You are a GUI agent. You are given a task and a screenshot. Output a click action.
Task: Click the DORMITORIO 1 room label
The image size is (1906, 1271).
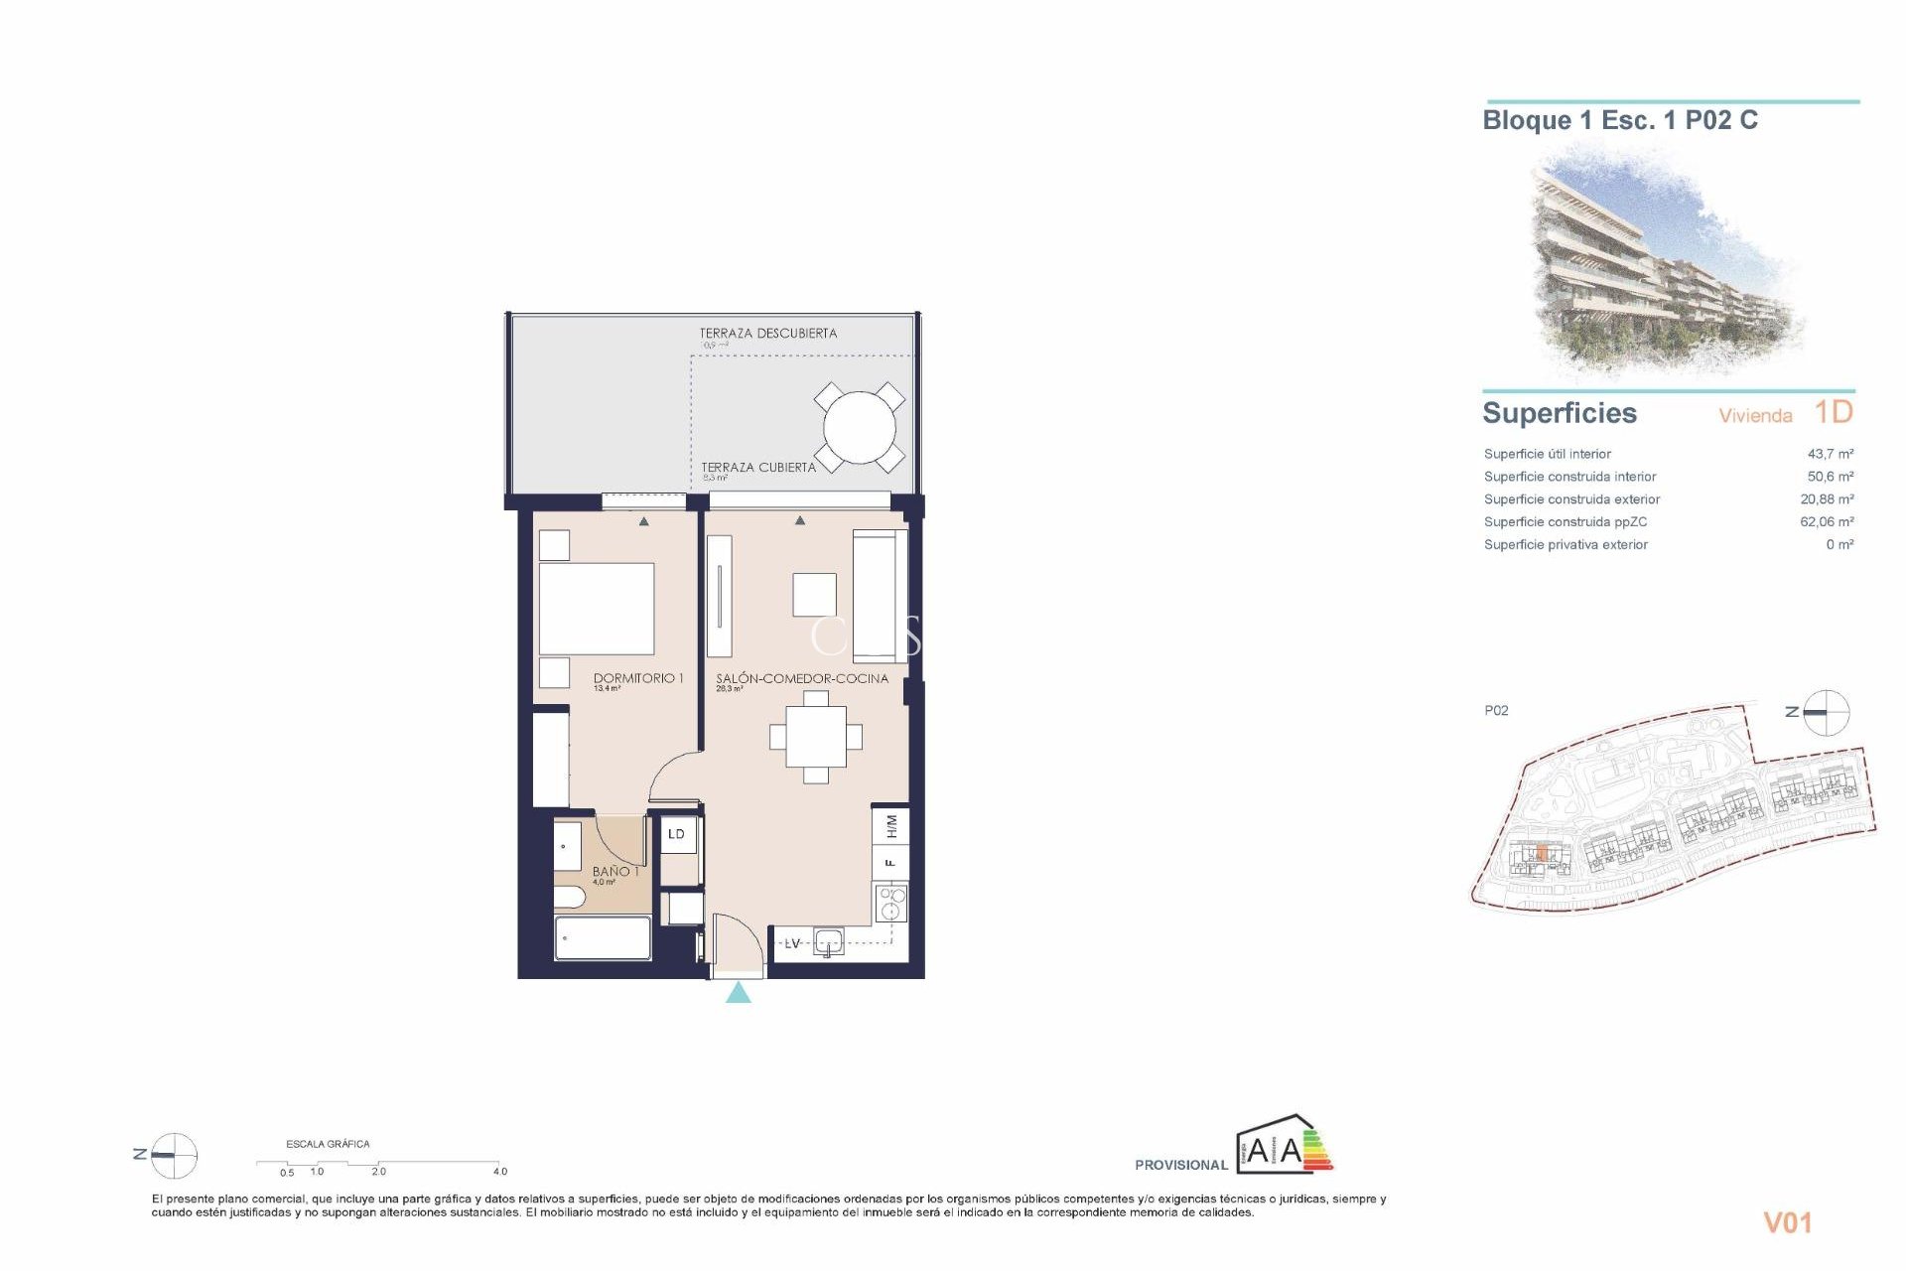(637, 678)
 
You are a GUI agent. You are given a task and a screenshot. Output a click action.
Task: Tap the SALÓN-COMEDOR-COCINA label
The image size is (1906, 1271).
(801, 678)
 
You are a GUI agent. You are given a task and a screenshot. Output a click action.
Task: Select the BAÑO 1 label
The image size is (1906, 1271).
(614, 871)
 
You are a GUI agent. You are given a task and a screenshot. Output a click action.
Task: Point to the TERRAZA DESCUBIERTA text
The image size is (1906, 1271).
(767, 334)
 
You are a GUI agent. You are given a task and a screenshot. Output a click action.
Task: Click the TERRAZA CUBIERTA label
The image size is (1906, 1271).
(757, 467)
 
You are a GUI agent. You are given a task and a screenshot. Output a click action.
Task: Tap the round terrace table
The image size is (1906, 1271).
(859, 429)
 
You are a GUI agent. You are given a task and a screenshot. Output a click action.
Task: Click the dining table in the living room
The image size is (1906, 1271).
(816, 737)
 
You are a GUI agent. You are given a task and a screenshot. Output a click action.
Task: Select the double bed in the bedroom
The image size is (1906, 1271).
(596, 608)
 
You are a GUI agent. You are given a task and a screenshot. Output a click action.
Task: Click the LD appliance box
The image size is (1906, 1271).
(676, 834)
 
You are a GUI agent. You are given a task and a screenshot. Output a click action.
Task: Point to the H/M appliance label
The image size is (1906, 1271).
(890, 825)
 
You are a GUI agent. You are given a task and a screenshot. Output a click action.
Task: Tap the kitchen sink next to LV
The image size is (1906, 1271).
(827, 940)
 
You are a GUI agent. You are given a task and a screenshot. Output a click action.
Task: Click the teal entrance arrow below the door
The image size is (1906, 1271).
(738, 993)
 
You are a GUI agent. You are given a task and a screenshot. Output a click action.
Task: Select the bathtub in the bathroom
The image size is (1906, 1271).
(603, 938)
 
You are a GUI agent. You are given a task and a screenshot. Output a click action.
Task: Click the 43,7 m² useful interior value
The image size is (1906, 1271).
(1830, 454)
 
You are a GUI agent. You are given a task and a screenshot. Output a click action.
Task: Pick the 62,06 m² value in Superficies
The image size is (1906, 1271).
(1826, 521)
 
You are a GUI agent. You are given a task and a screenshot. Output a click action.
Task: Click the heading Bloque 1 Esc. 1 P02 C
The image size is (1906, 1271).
(1619, 121)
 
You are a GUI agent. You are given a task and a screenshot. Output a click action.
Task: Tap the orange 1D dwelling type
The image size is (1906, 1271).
(1833, 412)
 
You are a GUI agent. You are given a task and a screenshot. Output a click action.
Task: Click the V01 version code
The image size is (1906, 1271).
(1787, 1223)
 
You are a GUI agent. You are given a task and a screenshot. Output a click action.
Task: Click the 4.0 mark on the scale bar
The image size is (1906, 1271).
(500, 1172)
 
